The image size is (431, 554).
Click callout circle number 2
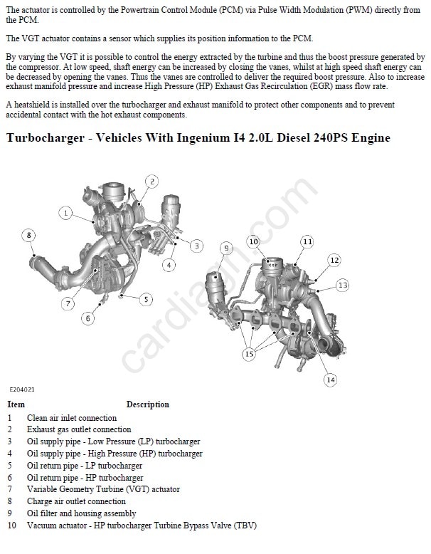click(x=152, y=182)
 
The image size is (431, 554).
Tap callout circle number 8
click(x=29, y=235)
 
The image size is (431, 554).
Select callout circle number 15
click(x=249, y=354)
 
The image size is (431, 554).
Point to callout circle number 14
click(x=331, y=380)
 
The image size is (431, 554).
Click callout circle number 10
click(x=253, y=241)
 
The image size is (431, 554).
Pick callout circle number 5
click(x=146, y=300)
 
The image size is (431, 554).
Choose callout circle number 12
click(x=334, y=261)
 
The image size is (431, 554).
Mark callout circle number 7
click(x=68, y=303)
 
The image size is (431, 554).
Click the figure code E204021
click(x=22, y=390)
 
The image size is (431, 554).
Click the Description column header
click(x=148, y=404)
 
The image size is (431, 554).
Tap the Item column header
click(x=16, y=404)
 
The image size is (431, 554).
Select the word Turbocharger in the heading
click(x=46, y=138)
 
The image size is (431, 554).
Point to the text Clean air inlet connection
click(x=72, y=418)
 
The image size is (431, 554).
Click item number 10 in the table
click(x=11, y=526)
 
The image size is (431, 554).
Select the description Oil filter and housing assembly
click(x=82, y=513)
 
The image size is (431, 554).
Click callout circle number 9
click(x=227, y=249)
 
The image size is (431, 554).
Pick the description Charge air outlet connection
click(x=76, y=501)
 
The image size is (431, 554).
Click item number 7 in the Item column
click(x=9, y=489)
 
